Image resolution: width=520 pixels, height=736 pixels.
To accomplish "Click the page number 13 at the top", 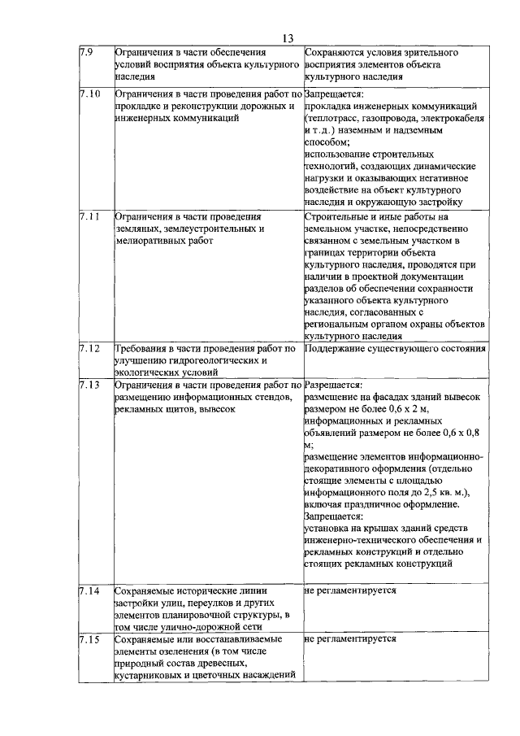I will [287, 38].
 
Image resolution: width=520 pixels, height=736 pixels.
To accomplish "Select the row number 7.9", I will [86, 53].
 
